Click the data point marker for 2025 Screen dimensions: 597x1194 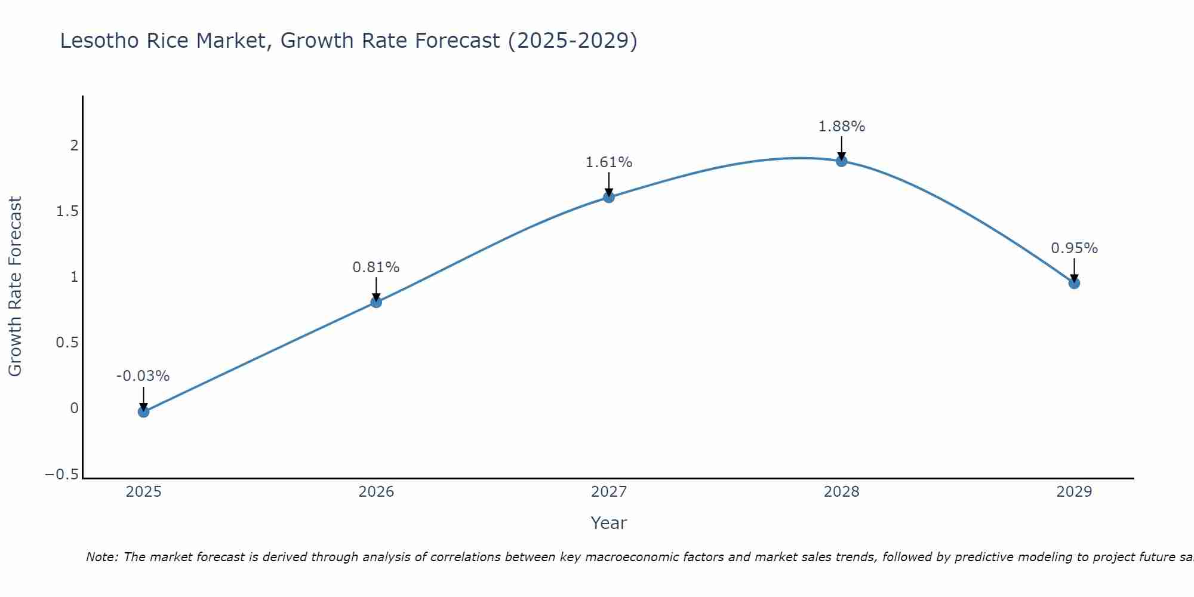click(143, 411)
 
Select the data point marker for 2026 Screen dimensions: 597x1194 click(376, 302)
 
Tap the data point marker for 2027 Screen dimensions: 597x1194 click(609, 197)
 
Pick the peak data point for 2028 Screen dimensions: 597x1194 click(841, 161)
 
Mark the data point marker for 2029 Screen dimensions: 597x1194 click(1074, 283)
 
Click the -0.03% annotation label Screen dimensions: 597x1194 click(143, 376)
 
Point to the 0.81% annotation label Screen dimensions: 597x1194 click(376, 267)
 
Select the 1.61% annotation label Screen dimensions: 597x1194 click(609, 162)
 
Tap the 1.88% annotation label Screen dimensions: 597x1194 click(841, 127)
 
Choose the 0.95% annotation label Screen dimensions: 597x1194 click(1074, 248)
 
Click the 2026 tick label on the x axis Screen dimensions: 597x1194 click(376, 492)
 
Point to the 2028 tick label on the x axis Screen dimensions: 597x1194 click(841, 492)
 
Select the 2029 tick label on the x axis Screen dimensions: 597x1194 click(1074, 492)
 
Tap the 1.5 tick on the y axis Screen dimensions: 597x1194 click(67, 211)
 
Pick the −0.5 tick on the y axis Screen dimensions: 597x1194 click(62, 475)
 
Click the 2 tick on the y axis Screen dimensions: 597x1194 click(75, 146)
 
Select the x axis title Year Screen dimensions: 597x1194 click(608, 523)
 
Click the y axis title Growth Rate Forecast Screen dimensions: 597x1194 click(15, 287)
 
